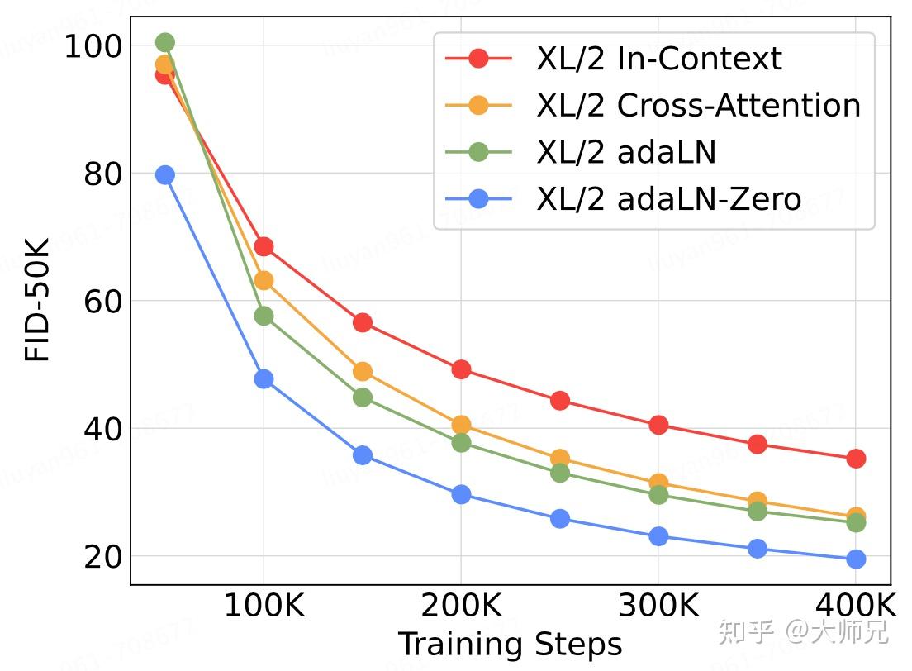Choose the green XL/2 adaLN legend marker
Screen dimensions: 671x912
pyautogui.click(x=478, y=152)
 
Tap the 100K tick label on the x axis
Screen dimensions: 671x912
pyautogui.click(x=264, y=606)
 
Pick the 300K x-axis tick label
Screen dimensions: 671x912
pyautogui.click(x=658, y=606)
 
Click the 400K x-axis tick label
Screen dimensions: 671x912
pyautogui.click(x=856, y=606)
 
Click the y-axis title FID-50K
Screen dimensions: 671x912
pyautogui.click(x=38, y=299)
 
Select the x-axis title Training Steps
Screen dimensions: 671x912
pyautogui.click(x=510, y=645)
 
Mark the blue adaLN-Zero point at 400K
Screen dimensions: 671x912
pyautogui.click(x=856, y=559)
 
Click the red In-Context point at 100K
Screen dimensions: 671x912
pyautogui.click(x=264, y=246)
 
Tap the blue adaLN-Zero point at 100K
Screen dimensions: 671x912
pyautogui.click(x=264, y=379)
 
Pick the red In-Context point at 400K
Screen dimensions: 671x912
pyautogui.click(x=856, y=459)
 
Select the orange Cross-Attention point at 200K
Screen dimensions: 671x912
pyautogui.click(x=461, y=425)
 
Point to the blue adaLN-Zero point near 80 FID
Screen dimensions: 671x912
pyautogui.click(x=165, y=174)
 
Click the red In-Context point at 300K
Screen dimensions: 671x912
pyautogui.click(x=658, y=425)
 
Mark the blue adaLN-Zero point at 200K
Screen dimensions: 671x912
pyautogui.click(x=461, y=494)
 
